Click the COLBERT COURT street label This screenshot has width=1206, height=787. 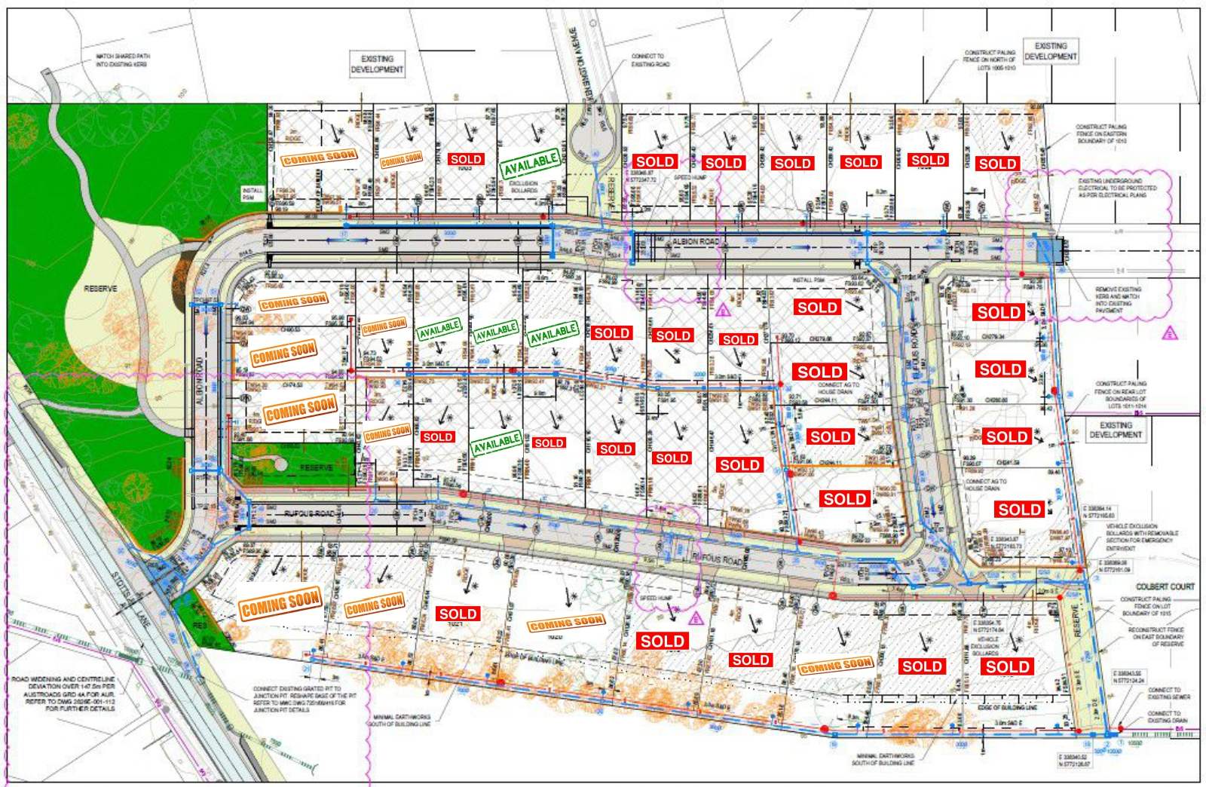[1165, 586]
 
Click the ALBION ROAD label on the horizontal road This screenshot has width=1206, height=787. [695, 242]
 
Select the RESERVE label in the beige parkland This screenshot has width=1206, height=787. [100, 289]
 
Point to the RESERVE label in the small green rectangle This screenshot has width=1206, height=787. [316, 467]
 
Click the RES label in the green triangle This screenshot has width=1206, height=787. [199, 625]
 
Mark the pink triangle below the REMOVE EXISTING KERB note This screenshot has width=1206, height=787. [1169, 332]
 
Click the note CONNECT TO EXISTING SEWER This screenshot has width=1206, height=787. [1165, 694]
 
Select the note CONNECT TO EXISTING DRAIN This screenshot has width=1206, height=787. [1164, 716]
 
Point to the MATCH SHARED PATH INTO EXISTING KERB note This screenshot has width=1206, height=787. [121, 60]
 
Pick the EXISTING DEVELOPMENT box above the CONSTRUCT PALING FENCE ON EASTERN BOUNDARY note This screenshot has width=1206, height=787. [1050, 51]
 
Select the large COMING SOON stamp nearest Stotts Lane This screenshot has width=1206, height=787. [280, 604]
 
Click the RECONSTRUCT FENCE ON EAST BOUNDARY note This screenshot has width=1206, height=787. [1156, 636]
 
